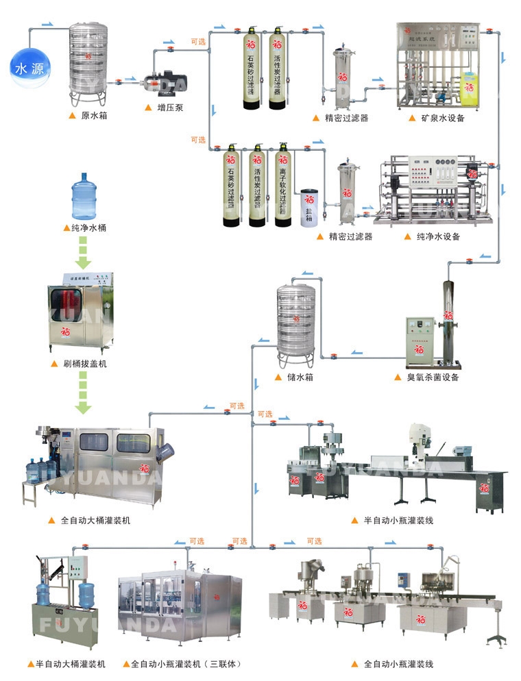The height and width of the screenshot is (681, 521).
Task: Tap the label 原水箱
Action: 94,116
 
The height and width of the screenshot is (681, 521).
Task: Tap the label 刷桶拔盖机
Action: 84,363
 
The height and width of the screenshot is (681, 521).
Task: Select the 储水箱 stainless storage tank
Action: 295,321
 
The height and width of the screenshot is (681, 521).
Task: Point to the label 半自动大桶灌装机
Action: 71,664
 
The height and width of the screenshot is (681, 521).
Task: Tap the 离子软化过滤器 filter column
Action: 281,185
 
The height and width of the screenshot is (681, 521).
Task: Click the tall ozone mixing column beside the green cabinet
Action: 448,319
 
